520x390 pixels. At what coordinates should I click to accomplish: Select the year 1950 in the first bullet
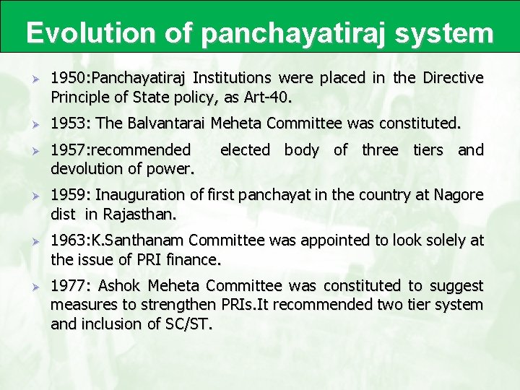click(x=66, y=78)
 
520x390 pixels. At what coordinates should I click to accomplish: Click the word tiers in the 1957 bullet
click(x=429, y=150)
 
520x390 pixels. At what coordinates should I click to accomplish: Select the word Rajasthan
click(x=139, y=214)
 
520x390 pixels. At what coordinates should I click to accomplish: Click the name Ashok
click(x=120, y=286)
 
